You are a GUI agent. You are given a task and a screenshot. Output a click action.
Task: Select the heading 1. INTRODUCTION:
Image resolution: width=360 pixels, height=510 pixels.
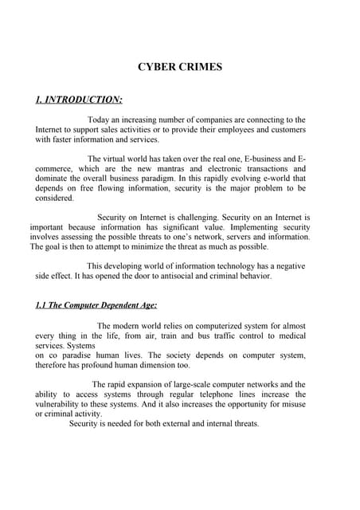coord(79,100)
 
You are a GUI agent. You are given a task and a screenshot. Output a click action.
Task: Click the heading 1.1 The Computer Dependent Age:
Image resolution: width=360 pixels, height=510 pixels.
coord(96,305)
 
